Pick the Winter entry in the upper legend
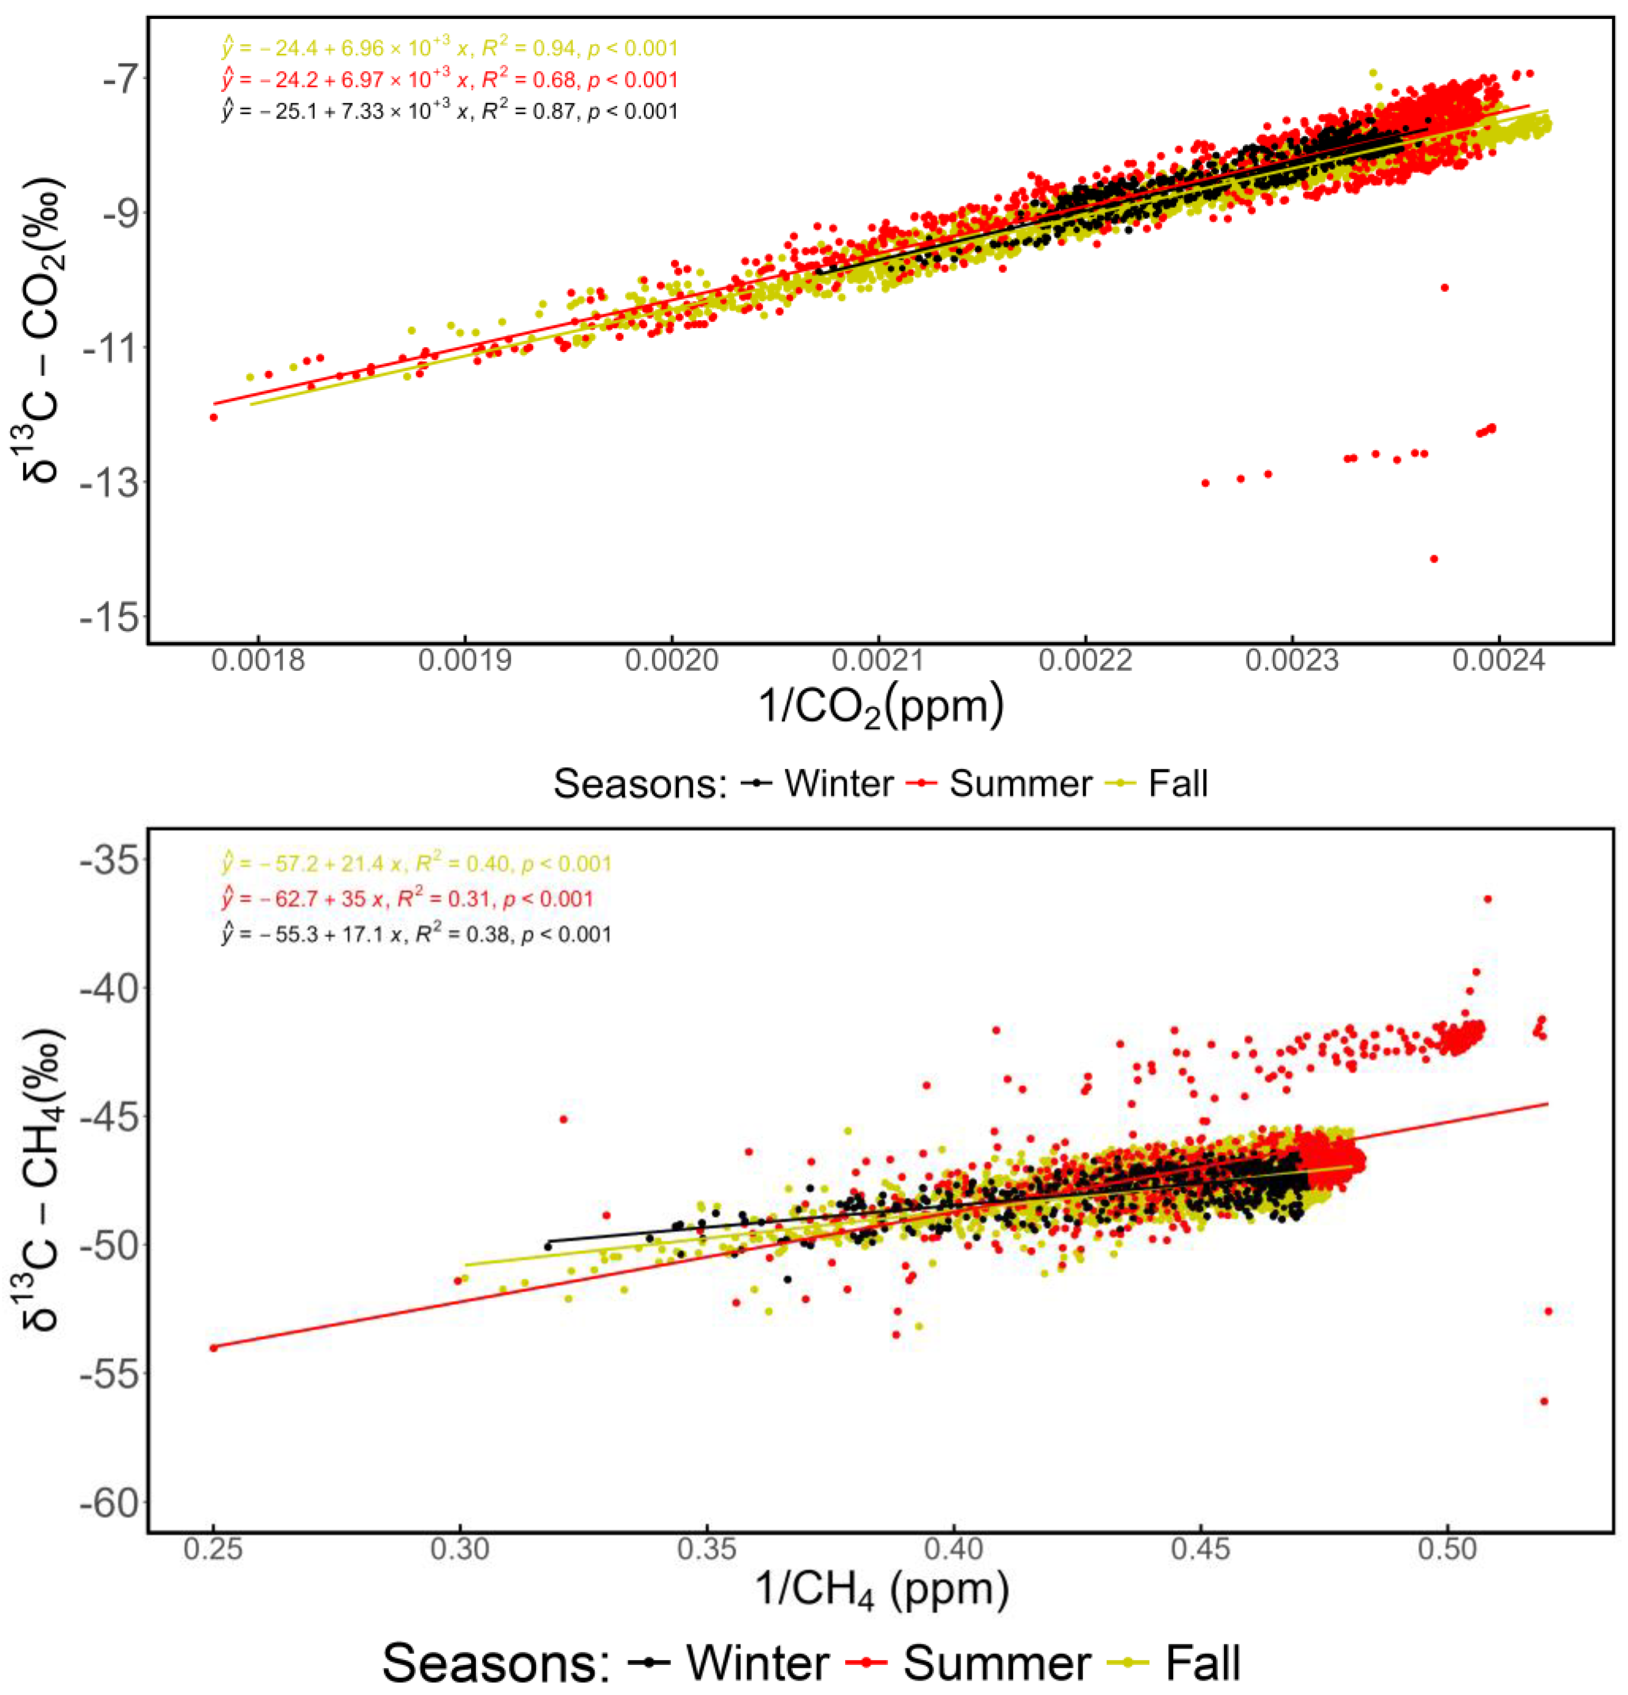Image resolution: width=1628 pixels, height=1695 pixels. [x=818, y=784]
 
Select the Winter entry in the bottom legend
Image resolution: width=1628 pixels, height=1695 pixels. [x=731, y=1662]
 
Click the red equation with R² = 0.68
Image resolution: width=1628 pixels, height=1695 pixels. [x=449, y=80]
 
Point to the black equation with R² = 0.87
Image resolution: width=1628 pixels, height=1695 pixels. [x=449, y=111]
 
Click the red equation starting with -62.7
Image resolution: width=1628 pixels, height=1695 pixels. [x=407, y=899]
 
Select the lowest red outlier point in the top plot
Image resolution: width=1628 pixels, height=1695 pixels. [x=1433, y=559]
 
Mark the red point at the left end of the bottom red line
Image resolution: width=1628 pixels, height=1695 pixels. [x=214, y=1347]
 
